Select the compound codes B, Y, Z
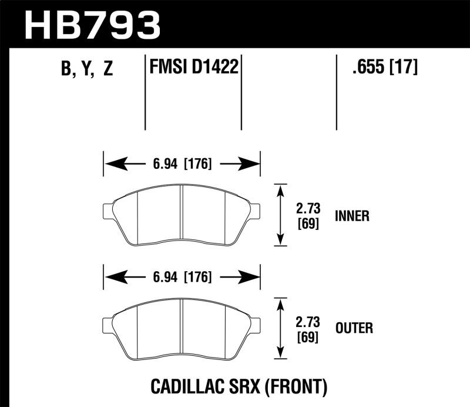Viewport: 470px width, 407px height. [x=86, y=70]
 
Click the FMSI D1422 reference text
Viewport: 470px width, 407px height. [x=194, y=68]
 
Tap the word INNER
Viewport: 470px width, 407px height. [x=352, y=216]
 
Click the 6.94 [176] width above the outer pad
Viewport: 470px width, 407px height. [x=182, y=277]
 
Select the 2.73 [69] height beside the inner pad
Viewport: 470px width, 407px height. [x=308, y=216]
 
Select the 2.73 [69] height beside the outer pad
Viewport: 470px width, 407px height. [x=308, y=328]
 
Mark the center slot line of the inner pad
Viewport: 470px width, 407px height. [x=182, y=214]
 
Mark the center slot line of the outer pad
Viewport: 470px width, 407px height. [x=182, y=327]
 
